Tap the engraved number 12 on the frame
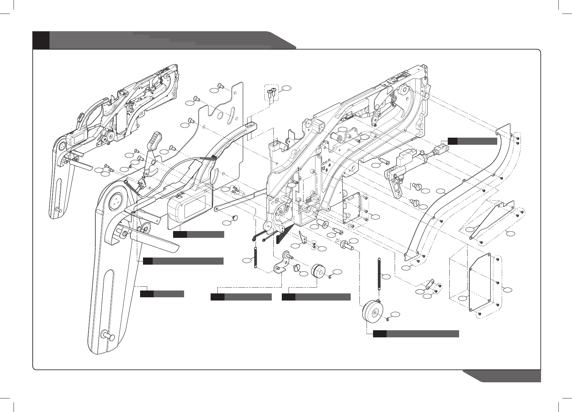click(x=323, y=168)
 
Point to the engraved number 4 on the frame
click(x=329, y=165)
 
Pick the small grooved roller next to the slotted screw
click(x=318, y=271)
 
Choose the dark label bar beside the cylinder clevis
click(x=472, y=141)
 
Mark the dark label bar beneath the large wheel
click(x=416, y=334)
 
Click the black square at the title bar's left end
click(x=41, y=40)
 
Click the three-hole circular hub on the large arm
click(x=115, y=202)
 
